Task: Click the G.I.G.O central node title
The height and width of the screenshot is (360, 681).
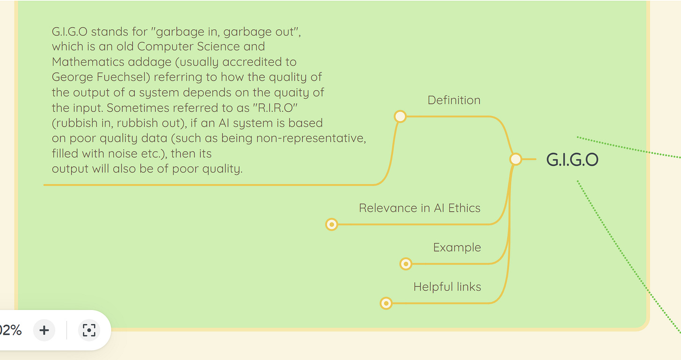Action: (572, 160)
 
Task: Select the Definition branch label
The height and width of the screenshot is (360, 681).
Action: (454, 100)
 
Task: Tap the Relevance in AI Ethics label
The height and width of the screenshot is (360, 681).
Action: (420, 208)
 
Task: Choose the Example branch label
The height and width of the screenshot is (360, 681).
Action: (457, 247)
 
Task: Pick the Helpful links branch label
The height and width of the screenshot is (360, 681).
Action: (447, 287)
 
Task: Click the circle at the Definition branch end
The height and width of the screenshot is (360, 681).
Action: (400, 116)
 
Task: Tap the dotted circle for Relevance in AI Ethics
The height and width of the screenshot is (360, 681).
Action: (332, 225)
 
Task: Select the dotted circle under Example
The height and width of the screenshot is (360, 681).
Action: (406, 264)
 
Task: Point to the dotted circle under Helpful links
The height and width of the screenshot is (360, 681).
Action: (386, 303)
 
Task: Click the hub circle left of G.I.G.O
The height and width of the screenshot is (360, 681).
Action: (515, 159)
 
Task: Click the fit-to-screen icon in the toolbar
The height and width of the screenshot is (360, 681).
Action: (89, 331)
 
